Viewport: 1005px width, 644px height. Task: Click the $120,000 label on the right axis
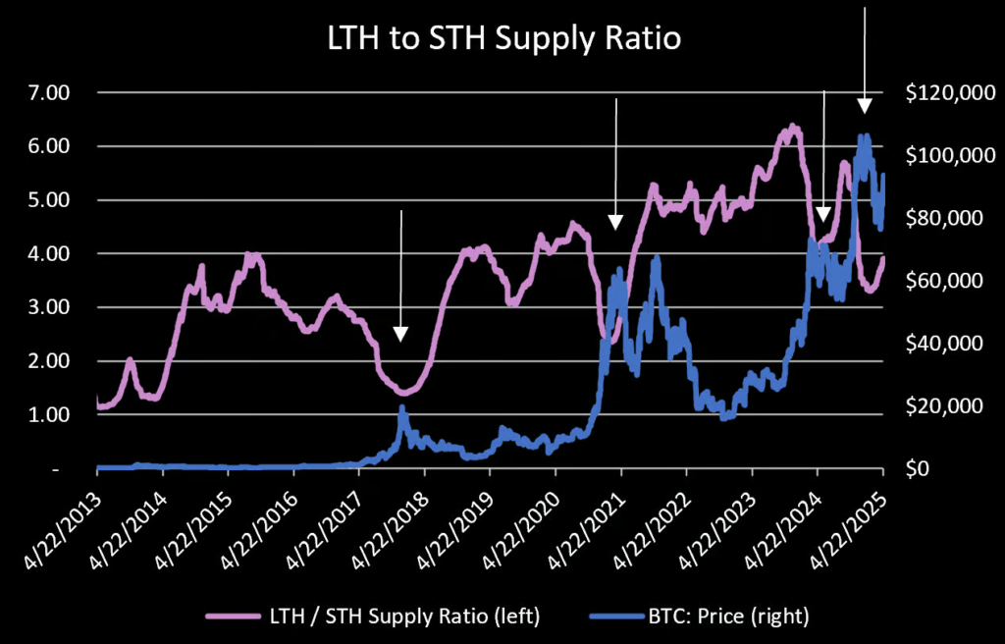[x=946, y=93]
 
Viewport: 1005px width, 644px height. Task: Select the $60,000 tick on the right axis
[x=942, y=281]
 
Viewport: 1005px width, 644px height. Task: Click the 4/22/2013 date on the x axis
[x=65, y=515]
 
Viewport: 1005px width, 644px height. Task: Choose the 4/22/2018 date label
[x=393, y=515]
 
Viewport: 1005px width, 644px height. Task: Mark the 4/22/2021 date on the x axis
[x=589, y=515]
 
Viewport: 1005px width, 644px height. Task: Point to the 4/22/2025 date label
[x=851, y=515]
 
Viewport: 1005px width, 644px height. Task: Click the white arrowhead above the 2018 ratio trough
[x=400, y=334]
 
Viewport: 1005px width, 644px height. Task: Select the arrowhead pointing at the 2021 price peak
[x=615, y=222]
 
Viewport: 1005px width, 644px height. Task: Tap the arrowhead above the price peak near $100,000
[x=864, y=106]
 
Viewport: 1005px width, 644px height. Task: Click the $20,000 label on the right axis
[x=942, y=406]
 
